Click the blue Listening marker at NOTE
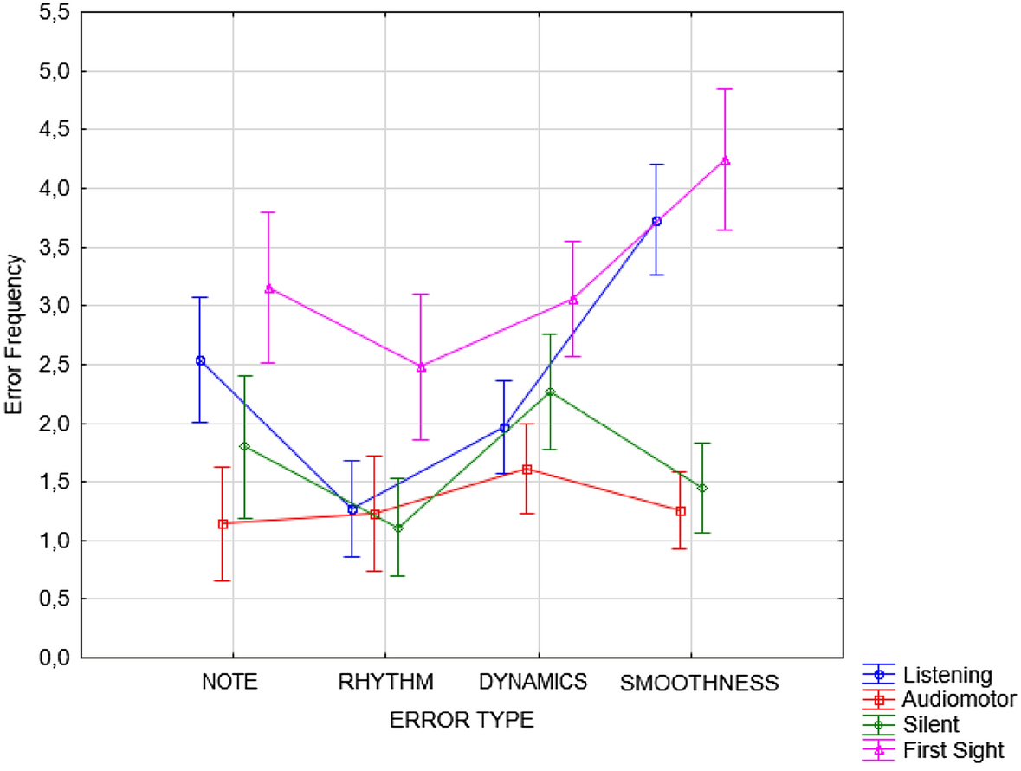tap(200, 360)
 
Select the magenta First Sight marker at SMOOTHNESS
tap(726, 160)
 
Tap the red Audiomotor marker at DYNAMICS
tap(527, 470)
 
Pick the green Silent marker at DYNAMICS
tap(550, 392)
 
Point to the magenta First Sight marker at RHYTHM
tap(421, 367)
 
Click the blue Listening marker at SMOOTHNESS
tap(656, 221)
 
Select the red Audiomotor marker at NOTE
tap(223, 523)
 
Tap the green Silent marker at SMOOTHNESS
tap(702, 489)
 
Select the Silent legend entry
tap(931, 724)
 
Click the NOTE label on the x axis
tap(229, 682)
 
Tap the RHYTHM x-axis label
tap(386, 682)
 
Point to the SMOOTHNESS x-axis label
tap(699, 683)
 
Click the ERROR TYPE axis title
tap(461, 721)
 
